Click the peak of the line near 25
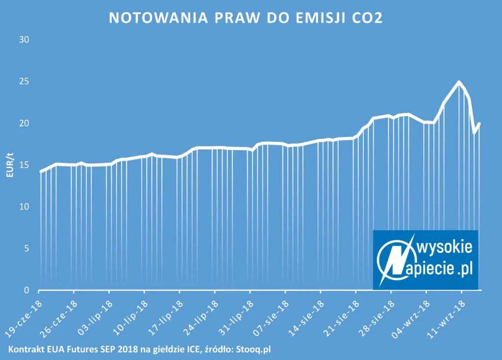coord(459,82)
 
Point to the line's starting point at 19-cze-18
coord(41,172)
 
